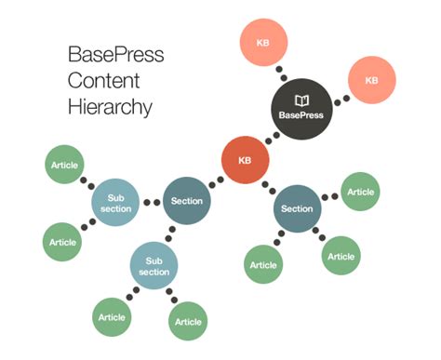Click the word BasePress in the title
pos(115,53)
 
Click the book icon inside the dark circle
pos(301,100)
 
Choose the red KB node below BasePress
pos(245,161)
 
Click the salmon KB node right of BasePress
pos(371,81)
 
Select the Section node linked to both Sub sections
pos(187,201)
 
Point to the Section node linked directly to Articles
pos(297,209)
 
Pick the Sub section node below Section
pos(154,266)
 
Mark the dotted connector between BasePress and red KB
pos(272,138)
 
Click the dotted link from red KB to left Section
pos(216,181)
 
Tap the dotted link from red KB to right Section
pos(270,186)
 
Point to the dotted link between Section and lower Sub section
pos(171,233)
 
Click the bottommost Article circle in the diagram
pos(188,322)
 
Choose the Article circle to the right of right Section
pos(360,192)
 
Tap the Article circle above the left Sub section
pos(63,165)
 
